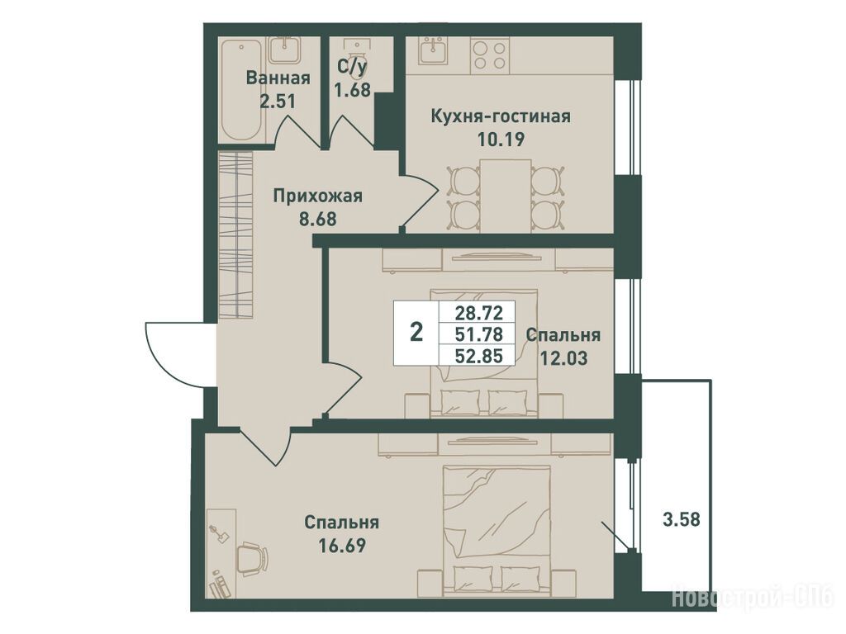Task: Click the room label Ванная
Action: [x=278, y=78]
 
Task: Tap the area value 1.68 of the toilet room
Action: [x=352, y=89]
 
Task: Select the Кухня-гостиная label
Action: [x=501, y=116]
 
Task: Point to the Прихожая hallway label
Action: [x=317, y=196]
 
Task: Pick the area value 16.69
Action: [x=342, y=545]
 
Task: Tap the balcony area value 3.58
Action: [x=681, y=520]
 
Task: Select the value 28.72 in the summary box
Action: [x=479, y=312]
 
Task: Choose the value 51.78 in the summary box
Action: [x=479, y=334]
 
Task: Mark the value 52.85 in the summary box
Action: [x=479, y=356]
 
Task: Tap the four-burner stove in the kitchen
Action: [x=489, y=54]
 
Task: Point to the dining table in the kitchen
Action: [x=506, y=196]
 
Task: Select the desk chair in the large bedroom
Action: [x=253, y=559]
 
